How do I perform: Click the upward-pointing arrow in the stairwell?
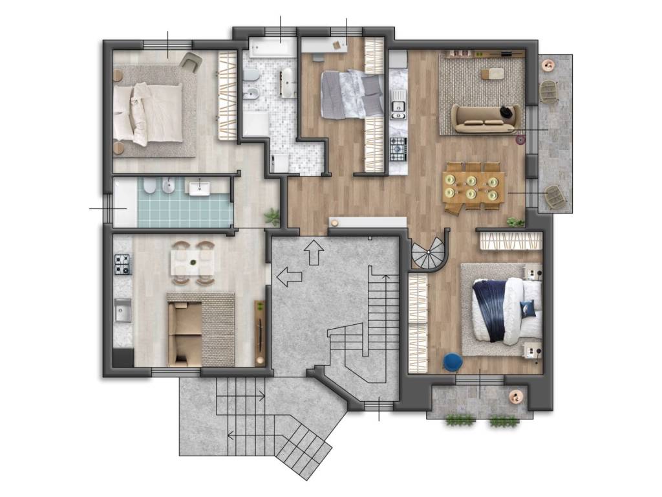[315, 252]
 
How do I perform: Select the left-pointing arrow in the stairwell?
[290, 278]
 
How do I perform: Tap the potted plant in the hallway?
[273, 216]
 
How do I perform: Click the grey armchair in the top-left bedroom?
[191, 61]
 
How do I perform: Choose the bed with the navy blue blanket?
[507, 310]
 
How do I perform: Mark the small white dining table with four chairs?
[192, 263]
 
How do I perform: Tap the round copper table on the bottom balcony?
[516, 397]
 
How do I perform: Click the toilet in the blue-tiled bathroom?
[149, 188]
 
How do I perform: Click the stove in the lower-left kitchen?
[122, 263]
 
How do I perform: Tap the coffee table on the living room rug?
[495, 73]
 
